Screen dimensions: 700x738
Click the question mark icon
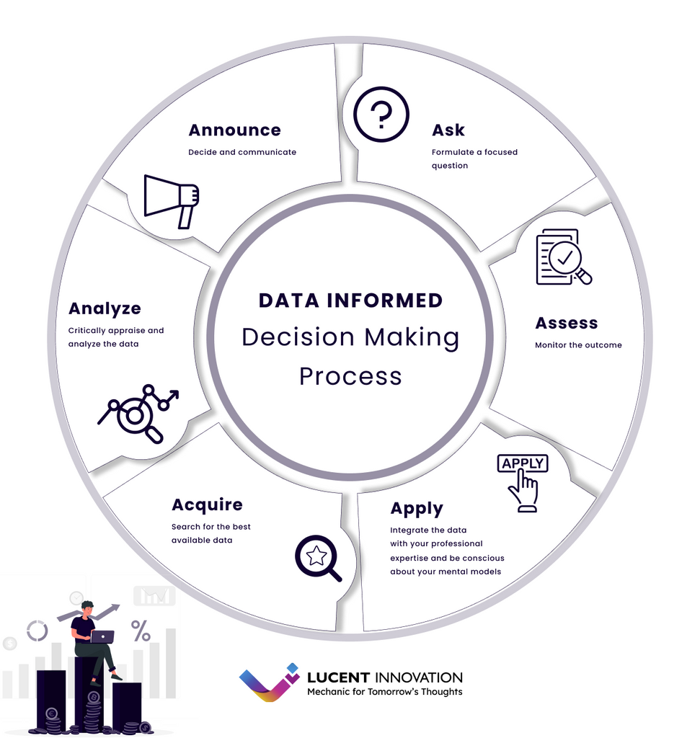pyautogui.click(x=381, y=114)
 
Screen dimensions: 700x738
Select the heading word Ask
pyautogui.click(x=448, y=130)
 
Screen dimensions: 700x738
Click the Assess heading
pyautogui.click(x=567, y=323)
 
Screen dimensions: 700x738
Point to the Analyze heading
pyautogui.click(x=105, y=308)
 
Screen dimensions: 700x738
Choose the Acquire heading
pyautogui.click(x=207, y=504)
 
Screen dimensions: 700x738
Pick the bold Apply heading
pyautogui.click(x=417, y=508)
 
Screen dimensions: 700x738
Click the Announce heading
pyautogui.click(x=234, y=130)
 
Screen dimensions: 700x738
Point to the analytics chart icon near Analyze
pyautogui.click(x=138, y=413)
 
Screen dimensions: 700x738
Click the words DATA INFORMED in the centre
pyautogui.click(x=350, y=300)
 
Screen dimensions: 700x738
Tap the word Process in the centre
pyautogui.click(x=350, y=375)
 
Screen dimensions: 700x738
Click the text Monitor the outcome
pyautogui.click(x=578, y=345)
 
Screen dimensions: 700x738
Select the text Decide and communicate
pyautogui.click(x=242, y=152)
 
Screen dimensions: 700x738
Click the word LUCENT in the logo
pyautogui.click(x=338, y=677)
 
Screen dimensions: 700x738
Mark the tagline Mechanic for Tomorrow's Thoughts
pyautogui.click(x=385, y=692)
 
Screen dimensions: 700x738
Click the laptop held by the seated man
pyautogui.click(x=102, y=636)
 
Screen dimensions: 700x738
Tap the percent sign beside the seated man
pyautogui.click(x=141, y=631)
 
